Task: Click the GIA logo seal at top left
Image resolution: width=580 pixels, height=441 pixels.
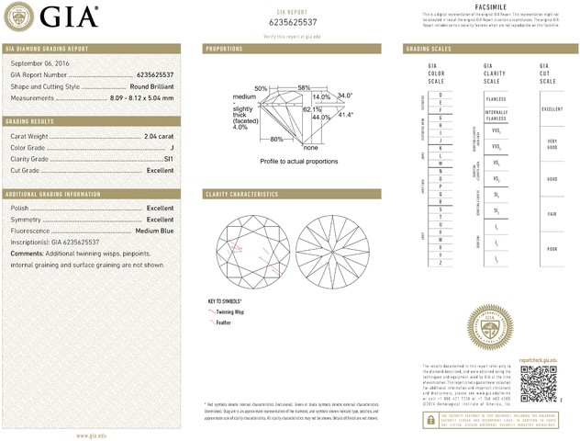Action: click(21, 17)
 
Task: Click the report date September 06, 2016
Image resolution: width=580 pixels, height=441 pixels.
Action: click(40, 62)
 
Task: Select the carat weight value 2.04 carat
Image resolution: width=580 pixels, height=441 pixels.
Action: click(159, 137)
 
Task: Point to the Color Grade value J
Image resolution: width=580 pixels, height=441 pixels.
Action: click(171, 148)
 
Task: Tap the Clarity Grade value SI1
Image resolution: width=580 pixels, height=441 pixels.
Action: click(168, 159)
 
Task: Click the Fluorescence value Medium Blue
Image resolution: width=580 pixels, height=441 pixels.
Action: click(154, 230)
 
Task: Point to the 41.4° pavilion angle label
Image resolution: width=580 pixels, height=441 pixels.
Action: click(345, 115)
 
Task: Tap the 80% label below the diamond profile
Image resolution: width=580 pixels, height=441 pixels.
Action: click(276, 139)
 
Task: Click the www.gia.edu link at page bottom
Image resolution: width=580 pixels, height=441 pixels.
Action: click(95, 435)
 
